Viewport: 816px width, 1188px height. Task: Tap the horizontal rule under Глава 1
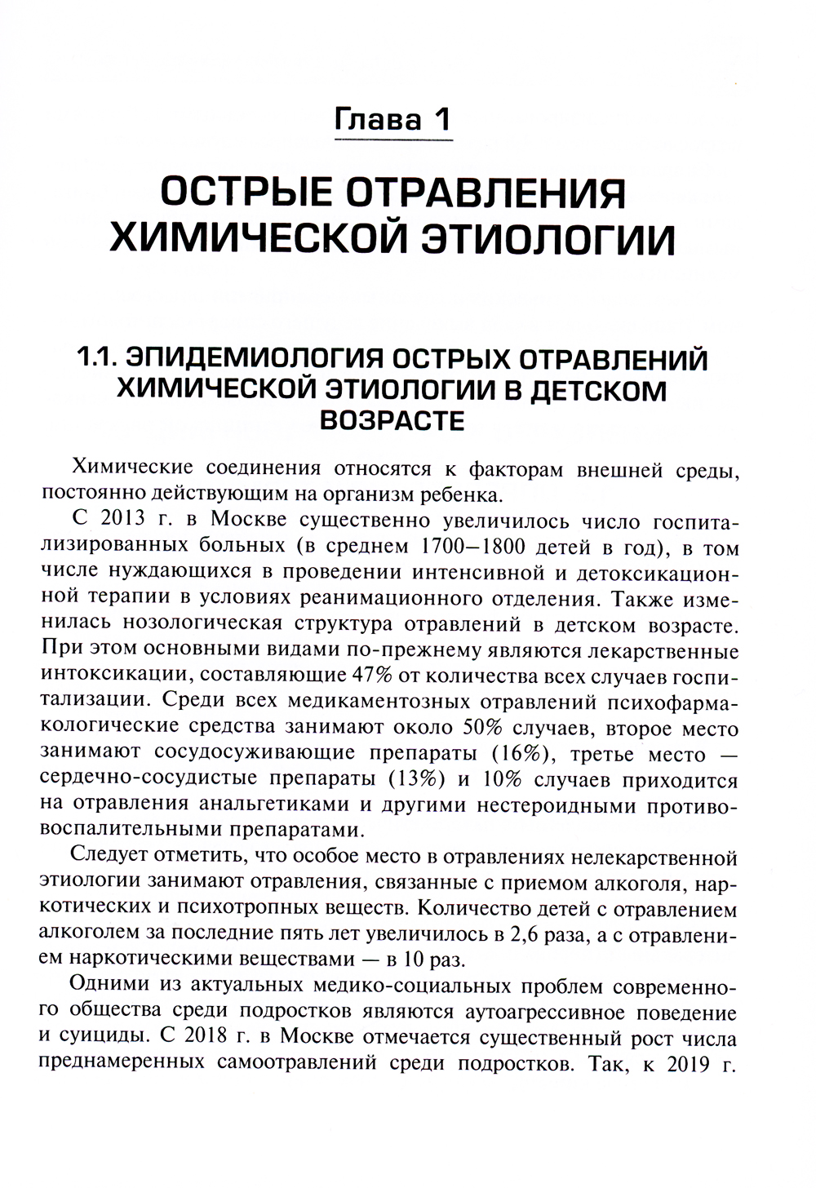[395, 141]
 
